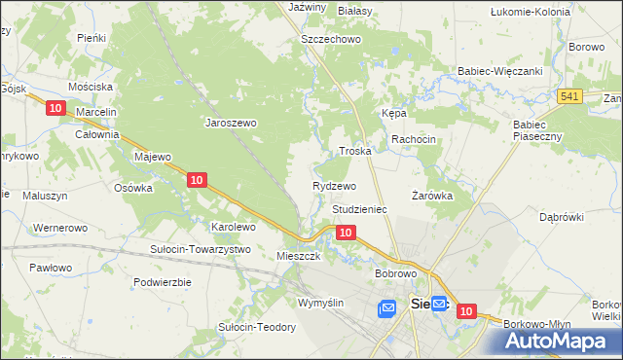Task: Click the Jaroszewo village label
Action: tap(230, 124)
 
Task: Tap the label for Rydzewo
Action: tap(334, 186)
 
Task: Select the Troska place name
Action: tap(354, 152)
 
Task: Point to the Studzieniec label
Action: tap(360, 209)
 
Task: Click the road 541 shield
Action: tap(570, 95)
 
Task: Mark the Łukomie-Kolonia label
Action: tap(530, 12)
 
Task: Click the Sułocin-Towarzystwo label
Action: tap(201, 249)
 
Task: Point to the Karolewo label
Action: tap(234, 227)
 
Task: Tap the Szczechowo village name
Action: tap(331, 39)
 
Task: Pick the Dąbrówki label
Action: tap(561, 216)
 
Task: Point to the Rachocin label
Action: tap(414, 140)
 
